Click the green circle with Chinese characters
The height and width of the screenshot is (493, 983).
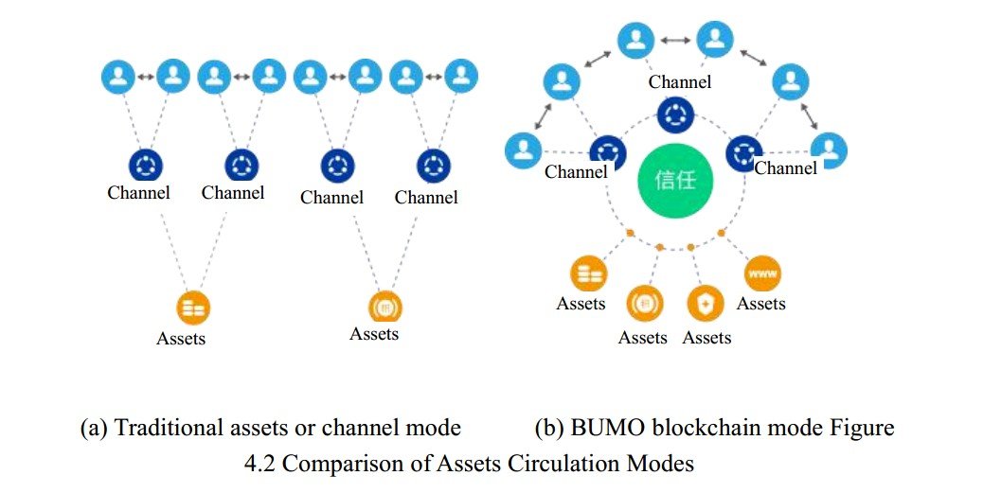[x=676, y=181]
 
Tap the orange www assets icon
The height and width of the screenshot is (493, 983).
[x=762, y=273]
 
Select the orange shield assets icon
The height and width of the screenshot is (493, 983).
[x=706, y=303]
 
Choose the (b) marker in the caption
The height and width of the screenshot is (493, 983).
[x=549, y=429]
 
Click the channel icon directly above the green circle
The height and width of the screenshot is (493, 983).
[x=676, y=115]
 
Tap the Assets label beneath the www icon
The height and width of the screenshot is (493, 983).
[x=761, y=304]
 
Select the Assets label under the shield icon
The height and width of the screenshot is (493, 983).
[x=706, y=338]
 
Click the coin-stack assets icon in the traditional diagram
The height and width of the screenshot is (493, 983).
[x=193, y=308]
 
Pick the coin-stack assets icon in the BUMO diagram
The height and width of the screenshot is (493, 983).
[x=589, y=273]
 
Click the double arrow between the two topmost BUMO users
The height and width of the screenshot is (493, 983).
[x=675, y=40]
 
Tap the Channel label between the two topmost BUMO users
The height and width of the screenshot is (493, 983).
[x=680, y=82]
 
